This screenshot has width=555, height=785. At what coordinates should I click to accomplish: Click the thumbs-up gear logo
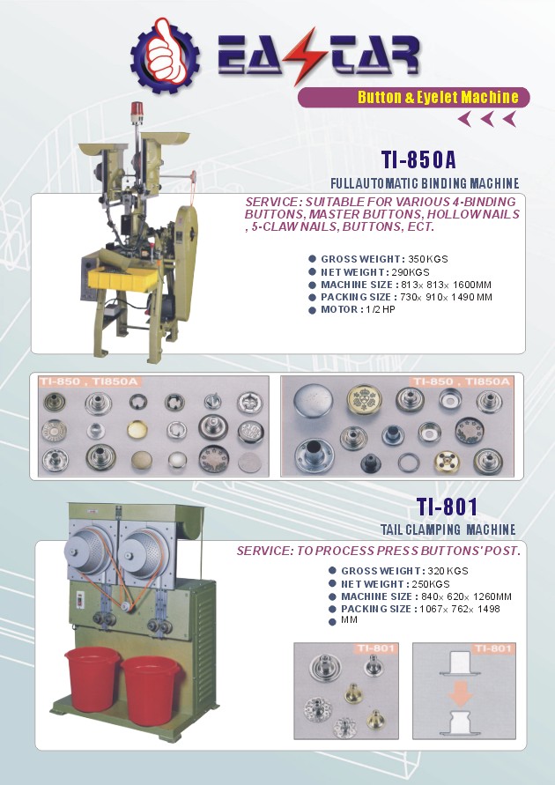[165, 56]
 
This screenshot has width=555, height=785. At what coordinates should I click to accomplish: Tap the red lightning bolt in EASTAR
[300, 56]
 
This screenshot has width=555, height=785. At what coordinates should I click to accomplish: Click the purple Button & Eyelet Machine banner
[413, 97]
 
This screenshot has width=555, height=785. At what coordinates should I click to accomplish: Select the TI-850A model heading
[418, 159]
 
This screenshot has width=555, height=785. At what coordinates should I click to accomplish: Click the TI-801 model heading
[447, 507]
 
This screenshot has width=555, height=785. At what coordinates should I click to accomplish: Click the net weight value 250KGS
[431, 584]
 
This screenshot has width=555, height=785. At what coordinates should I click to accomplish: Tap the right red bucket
[151, 689]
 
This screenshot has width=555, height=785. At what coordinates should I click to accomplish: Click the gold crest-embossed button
[365, 400]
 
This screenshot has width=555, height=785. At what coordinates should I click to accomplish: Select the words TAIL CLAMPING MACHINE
[448, 530]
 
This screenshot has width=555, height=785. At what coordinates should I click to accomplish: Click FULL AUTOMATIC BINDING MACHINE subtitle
[425, 183]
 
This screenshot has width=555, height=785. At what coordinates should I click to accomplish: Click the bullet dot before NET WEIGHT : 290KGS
[312, 272]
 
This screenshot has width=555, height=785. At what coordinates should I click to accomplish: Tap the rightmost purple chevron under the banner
[510, 119]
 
